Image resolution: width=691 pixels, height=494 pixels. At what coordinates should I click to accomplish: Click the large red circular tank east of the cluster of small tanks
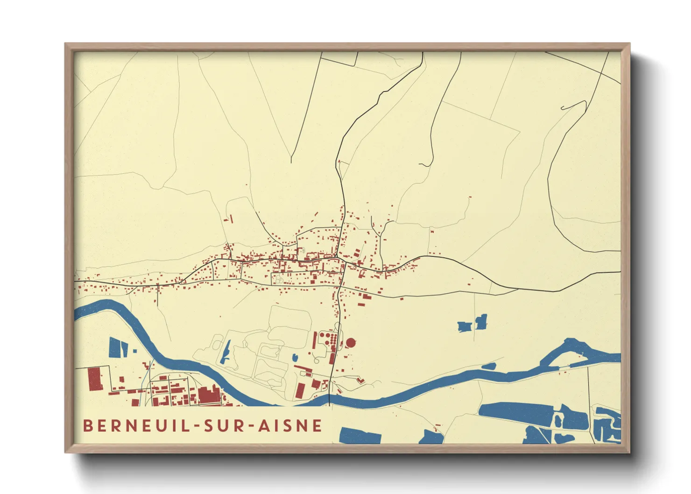coord(350,343)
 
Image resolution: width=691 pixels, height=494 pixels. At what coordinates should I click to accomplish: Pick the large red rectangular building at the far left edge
coord(95,378)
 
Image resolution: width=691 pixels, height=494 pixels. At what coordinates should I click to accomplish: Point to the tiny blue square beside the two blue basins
coord(135,351)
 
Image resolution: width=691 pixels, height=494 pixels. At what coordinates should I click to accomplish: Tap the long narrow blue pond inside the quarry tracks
coord(226,353)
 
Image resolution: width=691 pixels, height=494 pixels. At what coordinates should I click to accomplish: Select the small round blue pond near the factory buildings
coord(295,358)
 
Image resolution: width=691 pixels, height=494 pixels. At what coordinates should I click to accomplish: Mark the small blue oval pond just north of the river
coord(489,367)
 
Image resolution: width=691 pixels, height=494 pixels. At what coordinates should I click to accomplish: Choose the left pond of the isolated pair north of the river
coord(464,326)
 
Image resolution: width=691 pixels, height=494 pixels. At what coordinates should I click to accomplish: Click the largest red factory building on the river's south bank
coord(209,395)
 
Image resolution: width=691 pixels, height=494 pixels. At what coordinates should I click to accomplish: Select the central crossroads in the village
coord(337,257)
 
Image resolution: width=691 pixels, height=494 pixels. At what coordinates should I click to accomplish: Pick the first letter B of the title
coord(87,426)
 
